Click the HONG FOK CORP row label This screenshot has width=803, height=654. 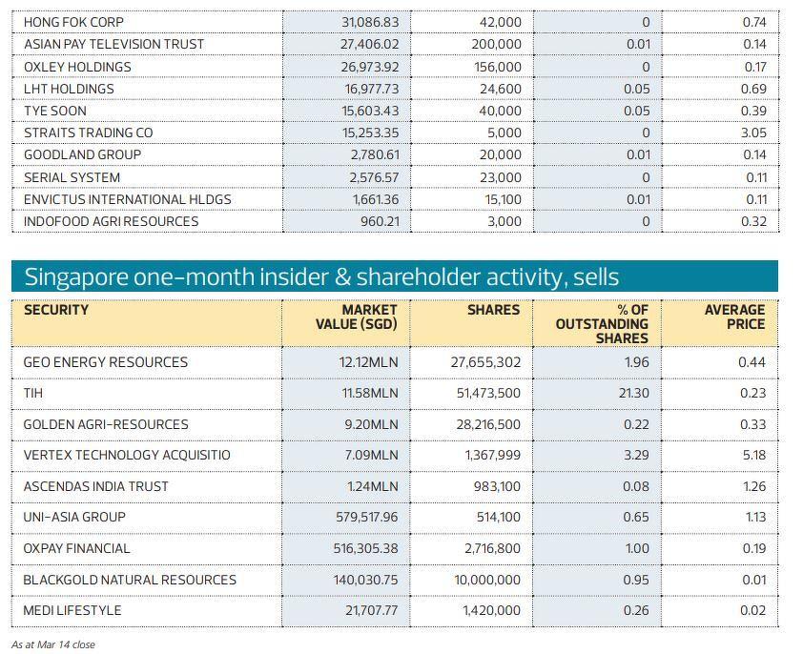73,22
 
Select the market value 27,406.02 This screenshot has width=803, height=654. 370,44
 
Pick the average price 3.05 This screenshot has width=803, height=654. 753,133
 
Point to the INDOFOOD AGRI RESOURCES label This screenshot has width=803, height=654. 111,221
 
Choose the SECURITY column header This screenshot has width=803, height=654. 56,310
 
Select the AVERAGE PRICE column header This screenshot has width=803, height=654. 734,317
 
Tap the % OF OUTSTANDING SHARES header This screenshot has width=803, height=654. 602,324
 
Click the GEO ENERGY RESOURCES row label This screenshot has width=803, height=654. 106,362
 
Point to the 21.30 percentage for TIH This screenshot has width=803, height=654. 633,393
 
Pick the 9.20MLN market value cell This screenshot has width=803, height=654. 371,424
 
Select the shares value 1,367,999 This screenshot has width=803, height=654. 493,455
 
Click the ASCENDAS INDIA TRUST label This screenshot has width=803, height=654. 95,486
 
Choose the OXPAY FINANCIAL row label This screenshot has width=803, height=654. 76,548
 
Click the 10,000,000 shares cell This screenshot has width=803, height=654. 487,580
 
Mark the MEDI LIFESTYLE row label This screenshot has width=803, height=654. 72,610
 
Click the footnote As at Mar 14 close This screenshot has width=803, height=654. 53,644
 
